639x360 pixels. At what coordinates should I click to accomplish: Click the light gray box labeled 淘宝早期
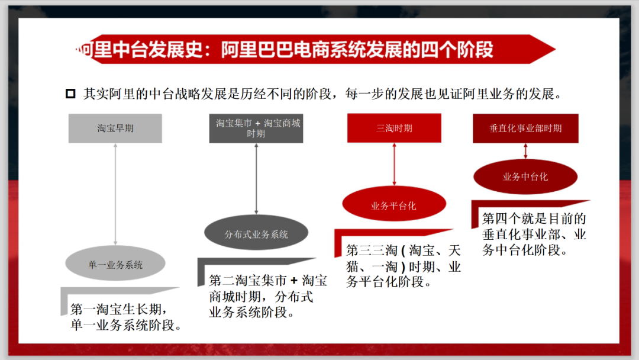click(x=115, y=128)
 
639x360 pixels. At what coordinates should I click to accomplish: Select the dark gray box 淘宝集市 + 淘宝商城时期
click(x=256, y=128)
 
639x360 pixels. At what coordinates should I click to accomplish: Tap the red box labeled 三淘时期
click(x=394, y=128)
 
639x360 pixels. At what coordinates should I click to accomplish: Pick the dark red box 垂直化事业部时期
click(x=525, y=128)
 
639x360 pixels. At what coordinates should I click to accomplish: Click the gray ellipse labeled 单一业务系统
click(x=116, y=265)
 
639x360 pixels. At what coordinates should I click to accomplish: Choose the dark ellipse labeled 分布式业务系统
click(x=256, y=234)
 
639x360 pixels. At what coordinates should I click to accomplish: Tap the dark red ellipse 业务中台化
click(x=525, y=176)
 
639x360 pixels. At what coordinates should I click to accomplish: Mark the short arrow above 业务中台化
click(x=525, y=152)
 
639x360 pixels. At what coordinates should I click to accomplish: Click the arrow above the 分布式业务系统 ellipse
click(x=256, y=178)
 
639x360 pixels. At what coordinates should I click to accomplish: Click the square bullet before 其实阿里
click(x=70, y=94)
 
